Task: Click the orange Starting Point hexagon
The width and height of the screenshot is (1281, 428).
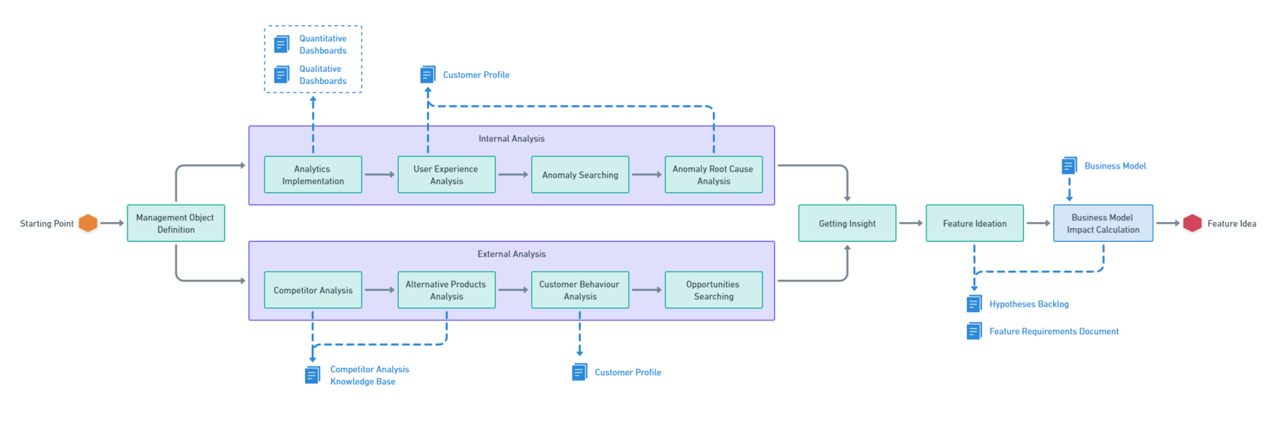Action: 88,224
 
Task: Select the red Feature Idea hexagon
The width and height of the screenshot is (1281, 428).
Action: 1192,224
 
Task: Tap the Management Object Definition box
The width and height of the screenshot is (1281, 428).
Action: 175,224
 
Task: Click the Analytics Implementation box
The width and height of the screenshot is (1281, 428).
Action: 313,175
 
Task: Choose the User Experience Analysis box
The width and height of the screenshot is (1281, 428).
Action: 446,175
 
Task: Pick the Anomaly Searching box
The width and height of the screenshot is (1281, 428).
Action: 579,175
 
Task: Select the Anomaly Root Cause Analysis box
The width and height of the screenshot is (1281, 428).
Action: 713,175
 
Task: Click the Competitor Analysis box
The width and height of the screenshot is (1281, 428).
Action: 313,290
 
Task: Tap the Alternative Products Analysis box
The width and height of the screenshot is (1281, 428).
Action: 446,290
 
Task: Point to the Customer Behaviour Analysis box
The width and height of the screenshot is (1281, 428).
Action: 579,290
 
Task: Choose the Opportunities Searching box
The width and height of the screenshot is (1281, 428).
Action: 713,290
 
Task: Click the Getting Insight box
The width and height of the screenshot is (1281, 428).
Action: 847,224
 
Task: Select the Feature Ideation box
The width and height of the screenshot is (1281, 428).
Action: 974,224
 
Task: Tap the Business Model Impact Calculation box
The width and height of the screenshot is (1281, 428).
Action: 1103,224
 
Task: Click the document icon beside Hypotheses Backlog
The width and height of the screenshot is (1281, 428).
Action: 974,304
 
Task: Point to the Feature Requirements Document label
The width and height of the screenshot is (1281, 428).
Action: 1054,331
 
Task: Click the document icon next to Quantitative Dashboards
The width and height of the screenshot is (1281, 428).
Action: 281,44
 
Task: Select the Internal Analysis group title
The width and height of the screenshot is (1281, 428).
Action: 512,139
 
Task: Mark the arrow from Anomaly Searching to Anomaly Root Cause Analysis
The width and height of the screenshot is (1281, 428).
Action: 647,175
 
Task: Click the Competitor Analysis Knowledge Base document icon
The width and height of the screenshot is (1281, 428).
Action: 313,375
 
